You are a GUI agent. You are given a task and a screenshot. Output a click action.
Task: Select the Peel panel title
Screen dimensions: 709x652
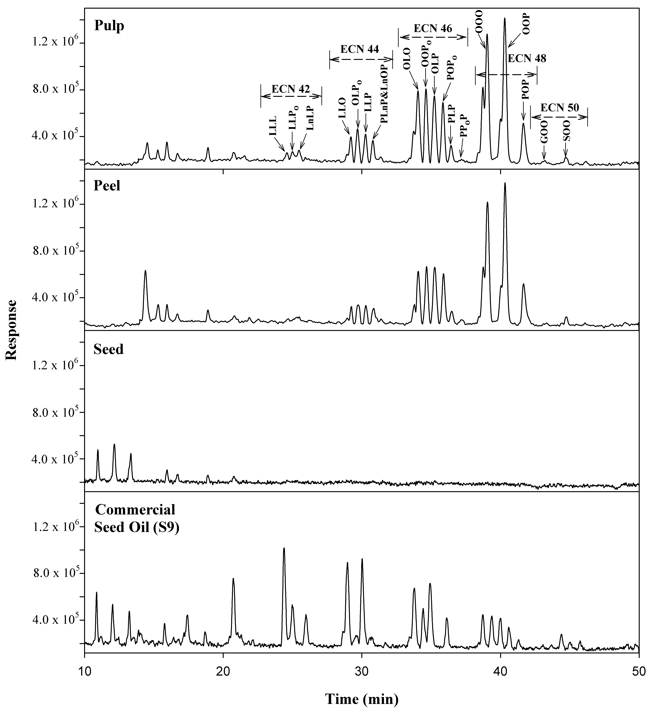pyautogui.click(x=107, y=186)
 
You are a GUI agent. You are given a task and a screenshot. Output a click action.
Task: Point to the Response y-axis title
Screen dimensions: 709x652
pyautogui.click(x=11, y=330)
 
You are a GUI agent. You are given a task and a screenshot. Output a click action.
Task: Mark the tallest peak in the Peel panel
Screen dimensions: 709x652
pyautogui.click(x=505, y=183)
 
